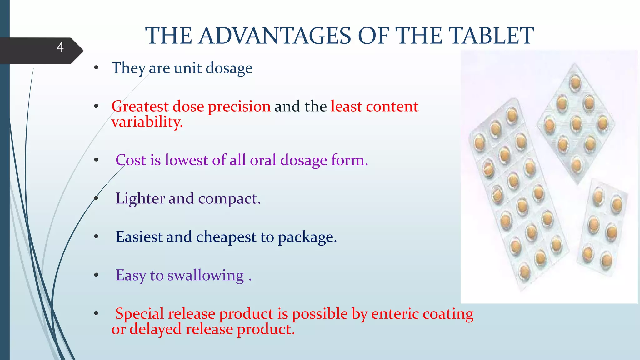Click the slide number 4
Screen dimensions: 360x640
60,47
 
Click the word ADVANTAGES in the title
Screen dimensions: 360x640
275,36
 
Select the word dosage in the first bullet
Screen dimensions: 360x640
229,68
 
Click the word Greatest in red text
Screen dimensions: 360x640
140,107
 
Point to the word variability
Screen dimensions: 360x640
147,122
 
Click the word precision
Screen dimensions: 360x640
239,107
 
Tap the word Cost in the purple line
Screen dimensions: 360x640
131,160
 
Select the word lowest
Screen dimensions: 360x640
186,160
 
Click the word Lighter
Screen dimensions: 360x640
140,199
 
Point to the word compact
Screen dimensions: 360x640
229,199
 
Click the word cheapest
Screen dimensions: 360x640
226,237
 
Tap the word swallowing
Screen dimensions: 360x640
205,276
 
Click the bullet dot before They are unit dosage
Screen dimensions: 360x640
96,68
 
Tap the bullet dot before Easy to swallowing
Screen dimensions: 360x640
96,275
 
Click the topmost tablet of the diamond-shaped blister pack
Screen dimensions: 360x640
575,82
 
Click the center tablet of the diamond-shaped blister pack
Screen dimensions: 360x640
576,123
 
